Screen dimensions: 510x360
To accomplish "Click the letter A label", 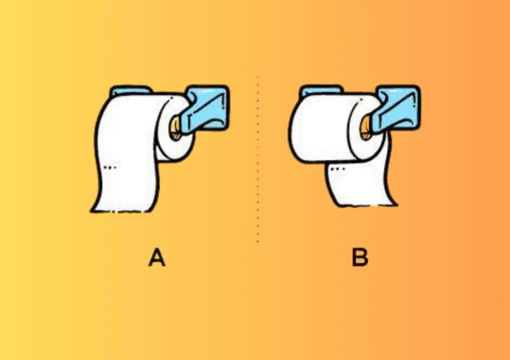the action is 157,257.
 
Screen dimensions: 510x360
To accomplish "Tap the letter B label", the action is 360,257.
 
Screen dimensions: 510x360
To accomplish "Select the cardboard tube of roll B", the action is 366,127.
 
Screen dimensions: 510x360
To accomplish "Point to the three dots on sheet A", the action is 110,167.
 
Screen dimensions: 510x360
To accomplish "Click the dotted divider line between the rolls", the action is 258,159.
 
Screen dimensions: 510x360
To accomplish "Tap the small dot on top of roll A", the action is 171,97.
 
